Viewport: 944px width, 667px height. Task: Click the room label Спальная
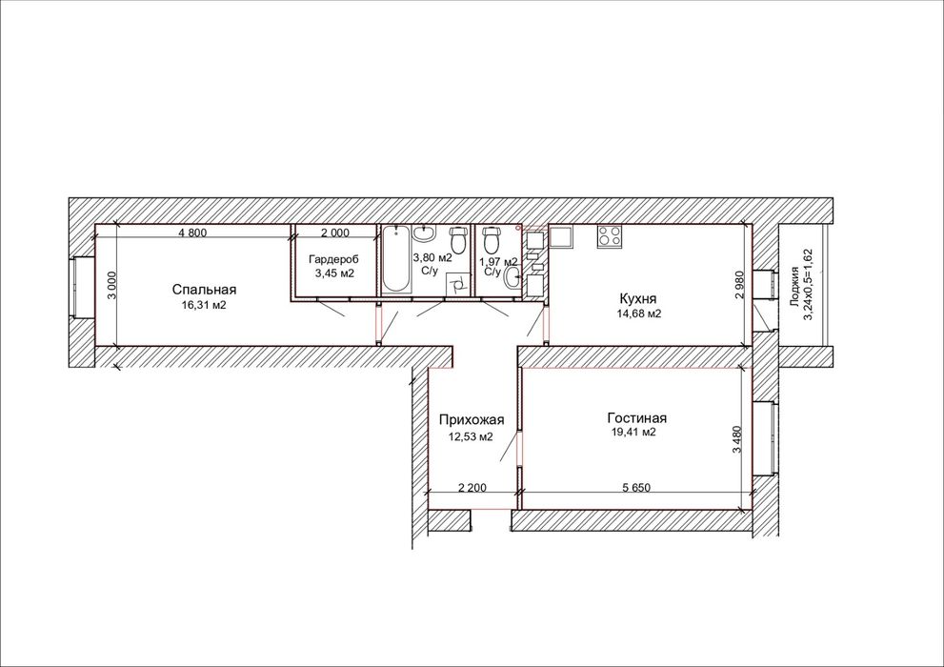tap(204, 290)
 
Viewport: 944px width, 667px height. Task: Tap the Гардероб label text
tap(333, 260)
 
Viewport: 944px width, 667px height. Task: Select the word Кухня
tap(637, 298)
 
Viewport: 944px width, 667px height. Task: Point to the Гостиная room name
tap(637, 417)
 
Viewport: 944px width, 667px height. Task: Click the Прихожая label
tap(472, 420)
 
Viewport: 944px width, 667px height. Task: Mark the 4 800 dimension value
tap(192, 232)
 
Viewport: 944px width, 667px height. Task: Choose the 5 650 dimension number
tap(636, 488)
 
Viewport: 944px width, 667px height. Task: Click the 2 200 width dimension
tap(472, 488)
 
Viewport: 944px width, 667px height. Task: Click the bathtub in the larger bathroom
tap(395, 259)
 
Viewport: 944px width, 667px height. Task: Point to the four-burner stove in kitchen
tap(610, 235)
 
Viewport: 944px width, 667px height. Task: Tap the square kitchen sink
tap(560, 236)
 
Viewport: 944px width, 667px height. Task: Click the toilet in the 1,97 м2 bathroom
tap(492, 239)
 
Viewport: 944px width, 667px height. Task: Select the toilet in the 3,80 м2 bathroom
tap(459, 239)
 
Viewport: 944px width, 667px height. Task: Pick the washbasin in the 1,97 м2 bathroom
tap(512, 277)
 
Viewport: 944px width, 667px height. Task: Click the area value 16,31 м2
tap(204, 305)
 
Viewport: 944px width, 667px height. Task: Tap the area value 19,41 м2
tap(633, 433)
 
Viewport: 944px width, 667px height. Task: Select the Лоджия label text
tap(794, 287)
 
